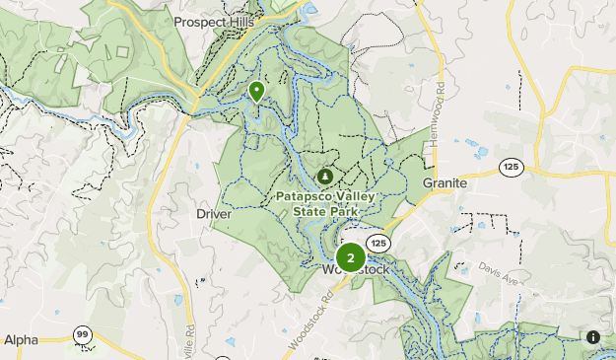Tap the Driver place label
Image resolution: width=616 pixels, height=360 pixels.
tap(214, 213)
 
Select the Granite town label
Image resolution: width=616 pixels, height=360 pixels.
tap(445, 183)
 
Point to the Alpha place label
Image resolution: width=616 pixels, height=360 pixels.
tap(21, 339)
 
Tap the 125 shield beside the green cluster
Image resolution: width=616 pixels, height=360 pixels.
tap(377, 243)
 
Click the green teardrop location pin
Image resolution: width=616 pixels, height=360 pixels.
tap(257, 92)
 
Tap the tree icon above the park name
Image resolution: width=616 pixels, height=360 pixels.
tap(324, 177)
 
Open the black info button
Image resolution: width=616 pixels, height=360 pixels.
tap(593, 337)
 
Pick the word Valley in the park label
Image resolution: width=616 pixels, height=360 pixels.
tap(358, 196)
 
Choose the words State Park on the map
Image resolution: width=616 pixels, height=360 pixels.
tap(324, 210)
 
